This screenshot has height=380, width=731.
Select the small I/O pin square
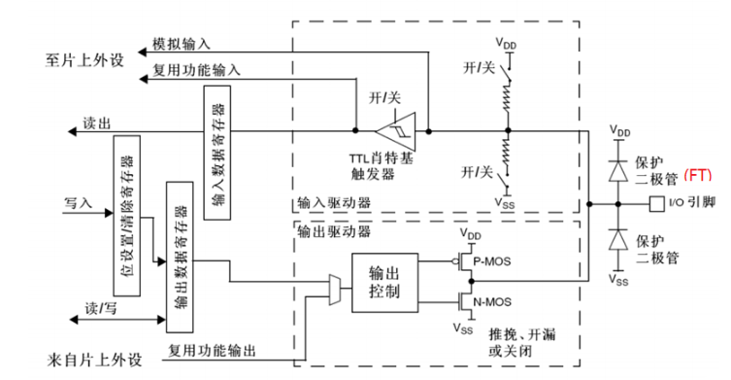(x=655, y=204)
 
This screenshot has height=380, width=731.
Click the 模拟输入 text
(x=182, y=45)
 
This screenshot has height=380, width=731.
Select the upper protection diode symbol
(x=615, y=169)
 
